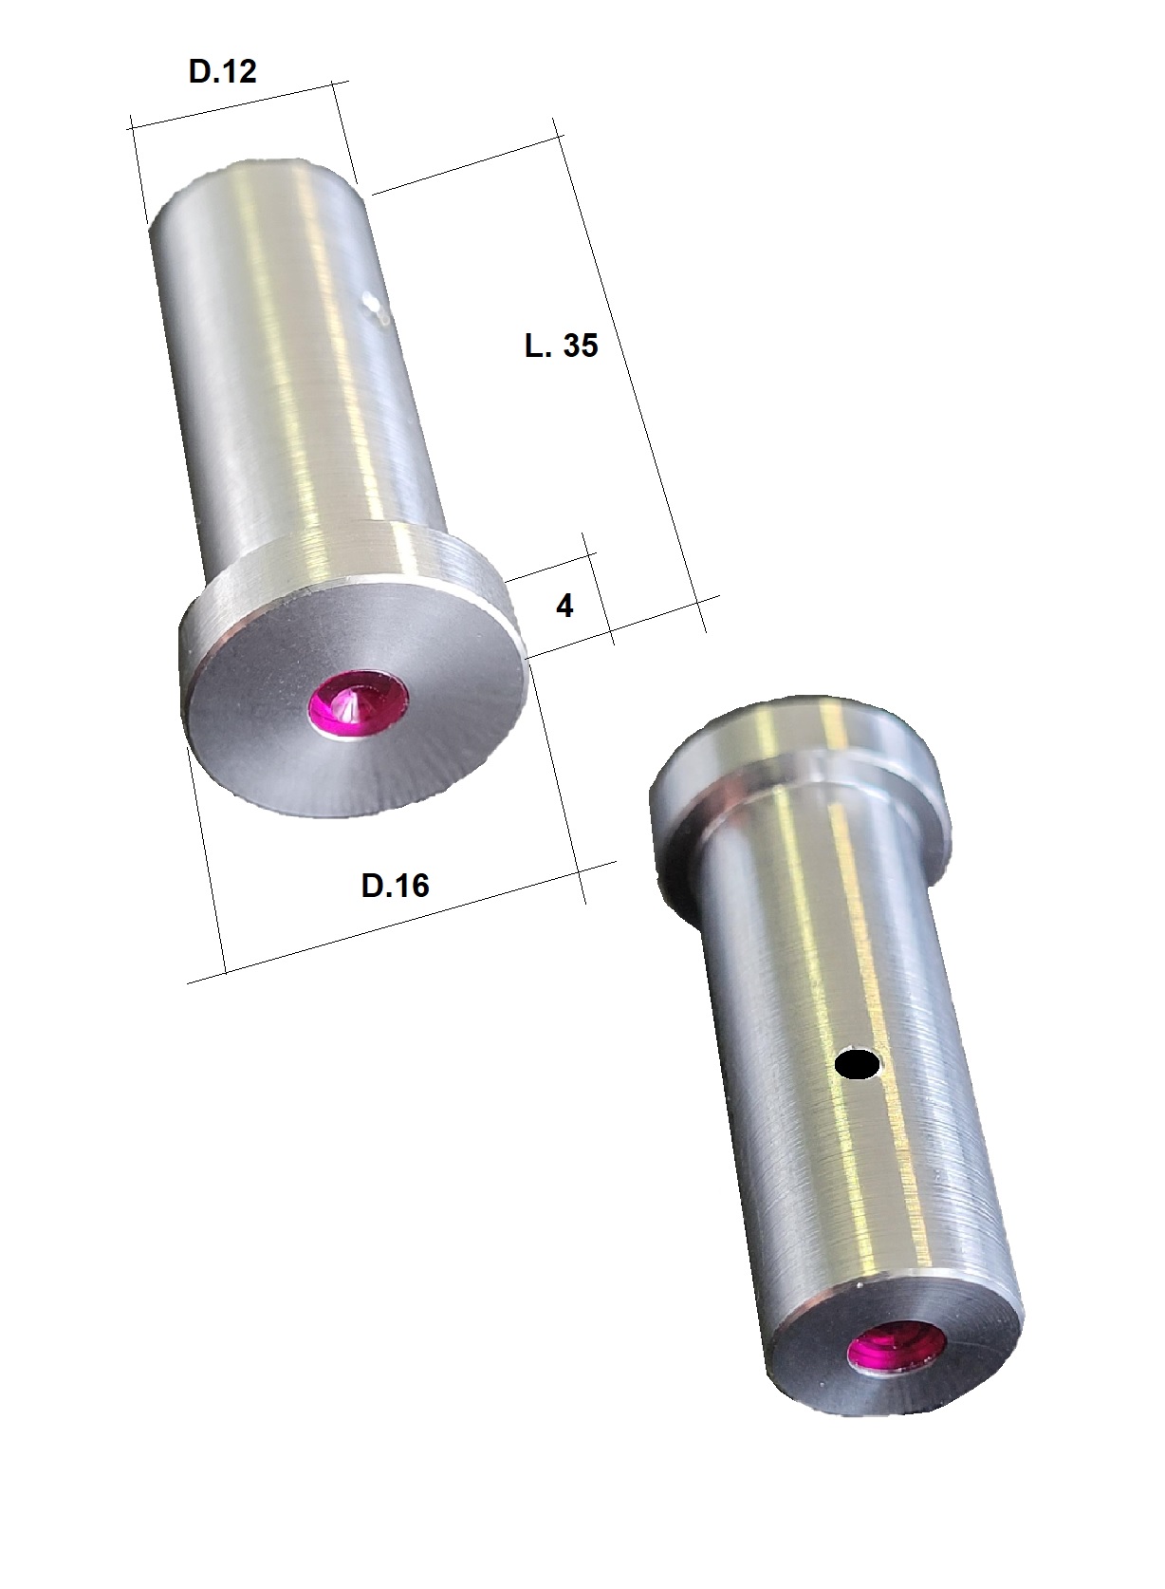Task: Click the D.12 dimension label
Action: [x=223, y=71]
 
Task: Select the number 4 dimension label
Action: [x=564, y=606]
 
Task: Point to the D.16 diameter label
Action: [x=395, y=886]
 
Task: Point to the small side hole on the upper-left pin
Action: [x=372, y=305]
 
